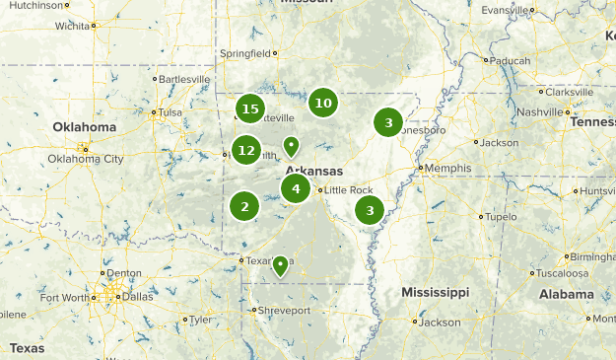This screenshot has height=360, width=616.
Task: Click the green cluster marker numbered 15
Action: pyautogui.click(x=250, y=108)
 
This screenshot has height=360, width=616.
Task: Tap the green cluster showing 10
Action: pyautogui.click(x=322, y=102)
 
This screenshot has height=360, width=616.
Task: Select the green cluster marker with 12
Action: pyautogui.click(x=245, y=151)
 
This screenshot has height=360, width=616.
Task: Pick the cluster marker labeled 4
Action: pyautogui.click(x=296, y=188)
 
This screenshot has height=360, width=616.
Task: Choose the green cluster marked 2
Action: pyautogui.click(x=244, y=206)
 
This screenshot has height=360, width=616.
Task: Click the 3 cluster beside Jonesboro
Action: pyautogui.click(x=388, y=122)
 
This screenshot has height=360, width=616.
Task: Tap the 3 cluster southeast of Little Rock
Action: pyautogui.click(x=370, y=210)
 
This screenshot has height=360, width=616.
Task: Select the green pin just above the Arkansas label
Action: pyautogui.click(x=291, y=147)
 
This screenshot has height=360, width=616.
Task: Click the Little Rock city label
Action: pyautogui.click(x=349, y=190)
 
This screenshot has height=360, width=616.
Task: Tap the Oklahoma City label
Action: pyautogui.click(x=86, y=159)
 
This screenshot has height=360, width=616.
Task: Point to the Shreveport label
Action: pyautogui.click(x=285, y=311)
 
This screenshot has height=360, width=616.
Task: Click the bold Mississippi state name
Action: pyautogui.click(x=435, y=293)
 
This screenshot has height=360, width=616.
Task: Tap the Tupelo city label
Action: pyautogui.click(x=501, y=217)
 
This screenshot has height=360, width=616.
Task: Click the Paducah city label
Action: pyautogui.click(x=511, y=60)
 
